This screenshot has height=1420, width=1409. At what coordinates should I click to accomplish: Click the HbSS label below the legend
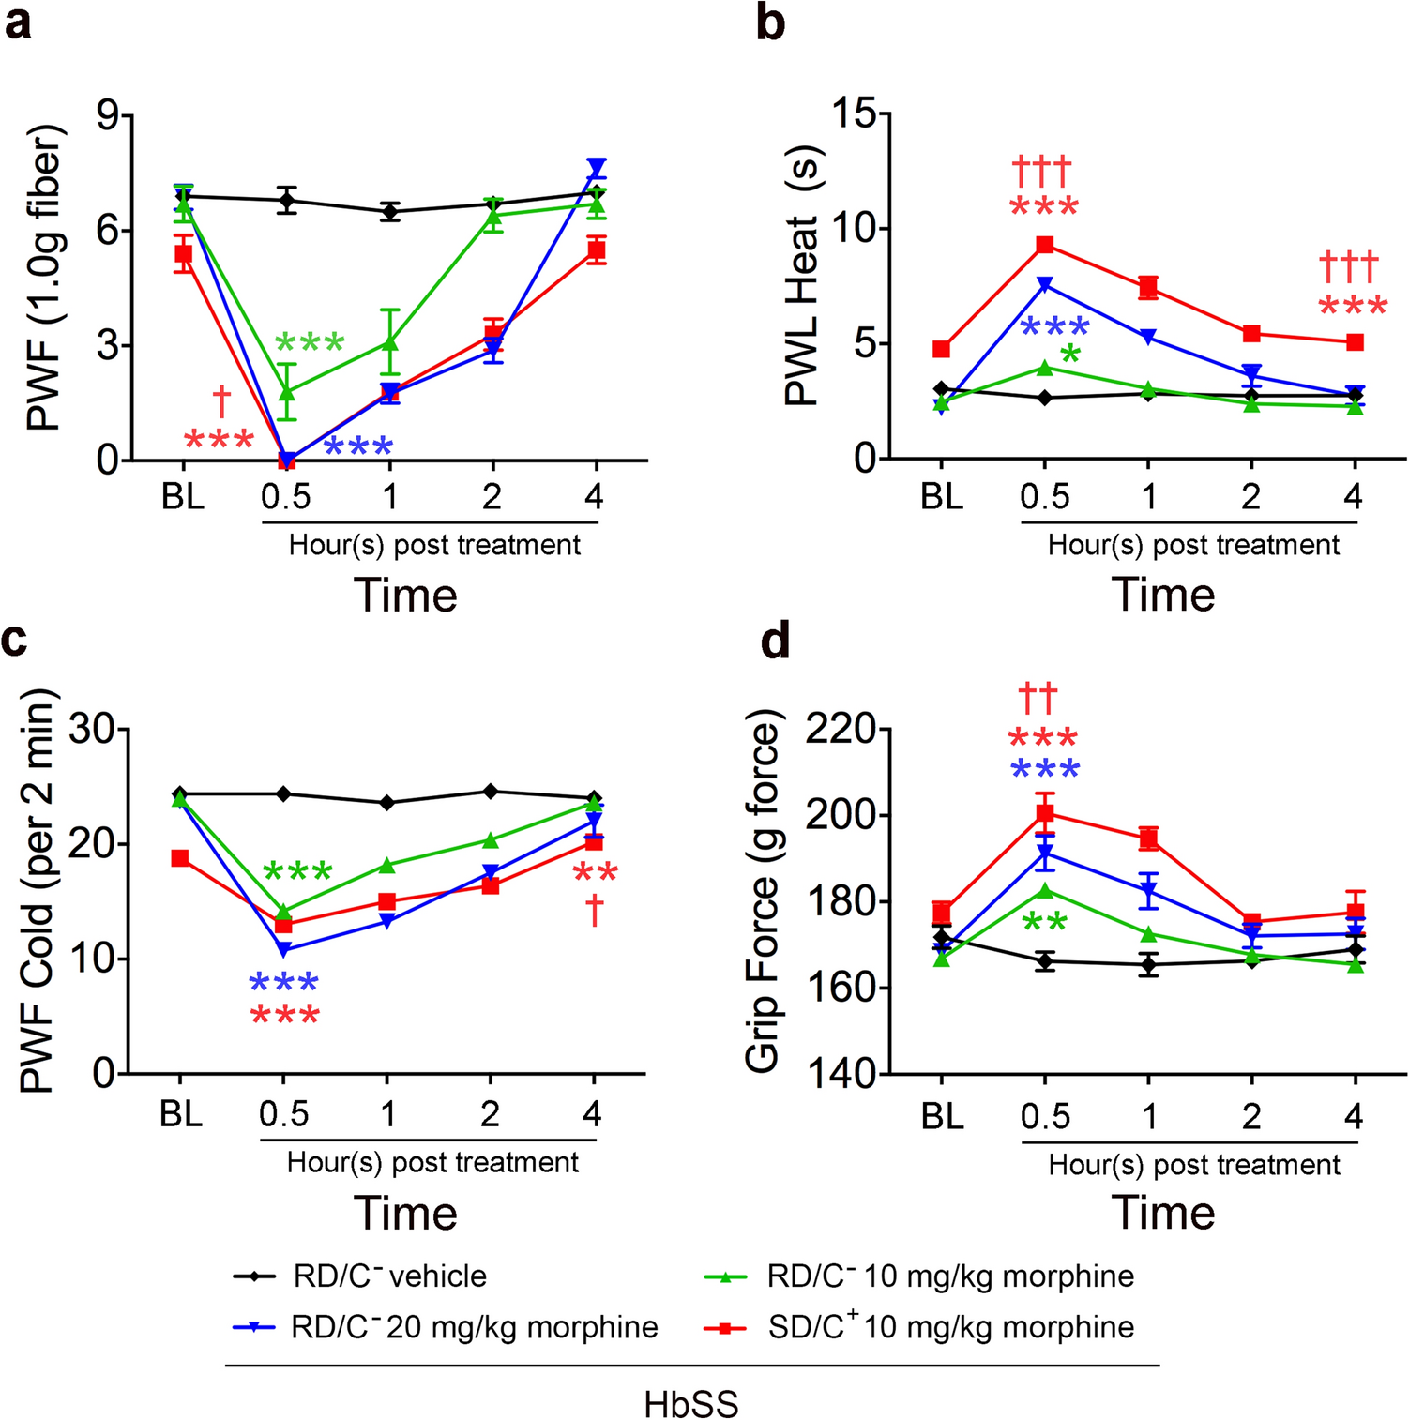[691, 1404]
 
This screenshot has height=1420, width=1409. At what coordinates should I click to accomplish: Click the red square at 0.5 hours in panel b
[1044, 245]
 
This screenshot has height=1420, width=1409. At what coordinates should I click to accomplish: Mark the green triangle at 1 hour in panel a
[390, 342]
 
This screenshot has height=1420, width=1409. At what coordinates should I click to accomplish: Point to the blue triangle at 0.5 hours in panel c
[284, 949]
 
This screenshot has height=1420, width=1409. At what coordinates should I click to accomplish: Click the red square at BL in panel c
[180, 858]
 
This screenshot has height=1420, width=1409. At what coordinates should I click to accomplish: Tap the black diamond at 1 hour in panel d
[1148, 964]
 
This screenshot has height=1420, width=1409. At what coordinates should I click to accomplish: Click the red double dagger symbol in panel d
[1038, 699]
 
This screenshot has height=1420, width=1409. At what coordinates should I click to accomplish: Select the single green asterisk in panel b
[1069, 355]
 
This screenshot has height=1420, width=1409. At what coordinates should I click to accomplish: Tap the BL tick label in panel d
[942, 1116]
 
